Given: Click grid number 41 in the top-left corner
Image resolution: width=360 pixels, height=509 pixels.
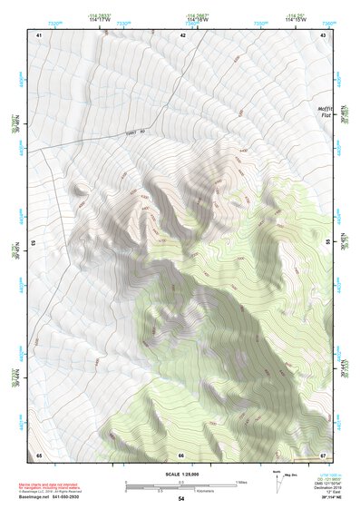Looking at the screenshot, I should click(39, 34).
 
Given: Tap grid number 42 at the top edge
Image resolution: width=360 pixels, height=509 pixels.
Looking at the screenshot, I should click(182, 34).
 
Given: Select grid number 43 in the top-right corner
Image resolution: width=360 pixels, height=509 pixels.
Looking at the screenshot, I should click(324, 34).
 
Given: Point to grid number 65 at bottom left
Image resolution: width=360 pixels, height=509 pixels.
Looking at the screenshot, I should click(39, 455).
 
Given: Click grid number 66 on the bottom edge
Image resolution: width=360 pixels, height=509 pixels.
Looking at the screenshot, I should click(181, 455).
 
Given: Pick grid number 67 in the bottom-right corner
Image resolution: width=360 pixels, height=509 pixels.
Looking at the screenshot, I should click(324, 455).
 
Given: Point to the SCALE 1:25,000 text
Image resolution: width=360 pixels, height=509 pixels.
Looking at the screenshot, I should click(181, 475).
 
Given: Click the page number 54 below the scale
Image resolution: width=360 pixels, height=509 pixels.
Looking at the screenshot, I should click(181, 499).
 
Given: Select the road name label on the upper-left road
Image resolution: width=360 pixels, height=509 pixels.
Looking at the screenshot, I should click(135, 134).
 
